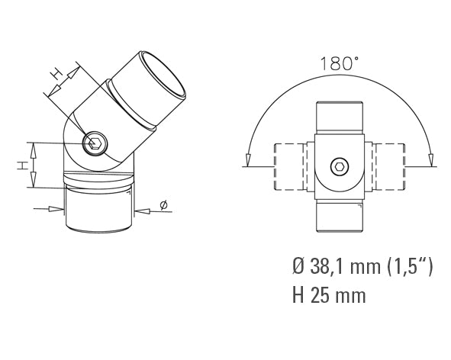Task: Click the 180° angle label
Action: pyautogui.click(x=339, y=63)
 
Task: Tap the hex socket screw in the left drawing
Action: pyautogui.click(x=95, y=143)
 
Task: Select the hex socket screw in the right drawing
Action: pyautogui.click(x=340, y=167)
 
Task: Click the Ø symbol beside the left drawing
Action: pyautogui.click(x=163, y=205)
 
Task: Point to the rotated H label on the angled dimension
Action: pyautogui.click(x=56, y=74)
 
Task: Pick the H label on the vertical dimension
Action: pyautogui.click(x=22, y=166)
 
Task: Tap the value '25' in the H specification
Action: pyautogui.click(x=321, y=295)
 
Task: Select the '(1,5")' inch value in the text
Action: pyautogui.click(x=410, y=266)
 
